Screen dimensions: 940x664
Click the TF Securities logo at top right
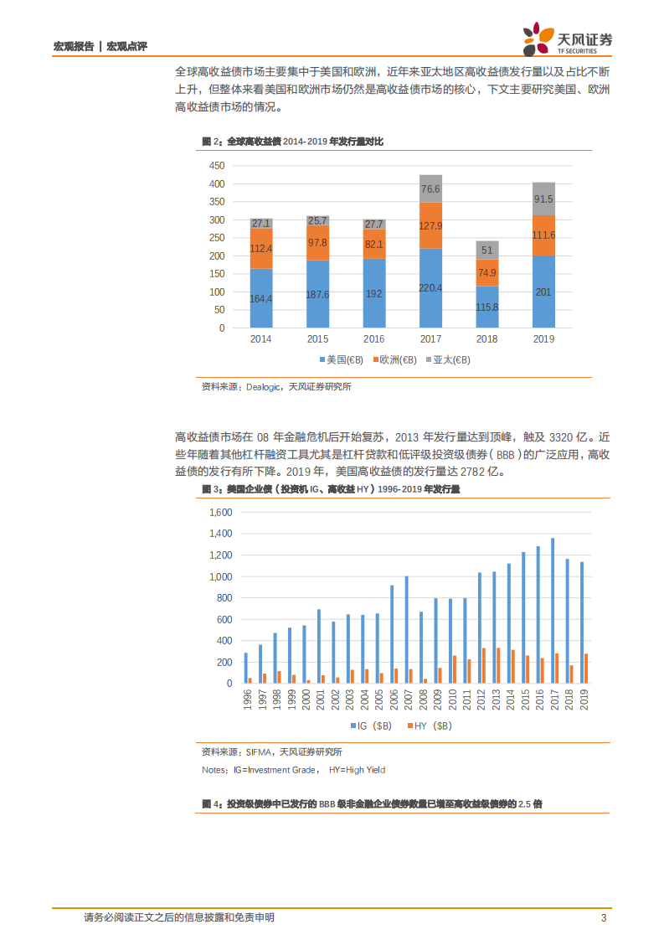tap(567, 38)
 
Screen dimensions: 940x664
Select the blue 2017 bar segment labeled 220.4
tap(430, 287)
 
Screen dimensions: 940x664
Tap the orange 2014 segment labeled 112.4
tap(261, 248)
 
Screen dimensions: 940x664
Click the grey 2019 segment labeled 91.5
tap(543, 199)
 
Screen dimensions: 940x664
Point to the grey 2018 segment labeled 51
tap(487, 250)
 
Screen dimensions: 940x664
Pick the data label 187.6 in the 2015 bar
tap(317, 294)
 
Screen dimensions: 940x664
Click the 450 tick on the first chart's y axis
tap(217, 165)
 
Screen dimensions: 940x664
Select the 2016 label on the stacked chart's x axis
tap(374, 339)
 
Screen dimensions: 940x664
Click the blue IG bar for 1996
tap(245, 668)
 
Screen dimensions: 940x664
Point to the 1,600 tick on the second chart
tap(219, 512)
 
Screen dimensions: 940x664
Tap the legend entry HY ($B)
tap(429, 726)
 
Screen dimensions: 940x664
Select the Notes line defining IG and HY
tap(293, 769)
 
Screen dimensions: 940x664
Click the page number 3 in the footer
tap(603, 917)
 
